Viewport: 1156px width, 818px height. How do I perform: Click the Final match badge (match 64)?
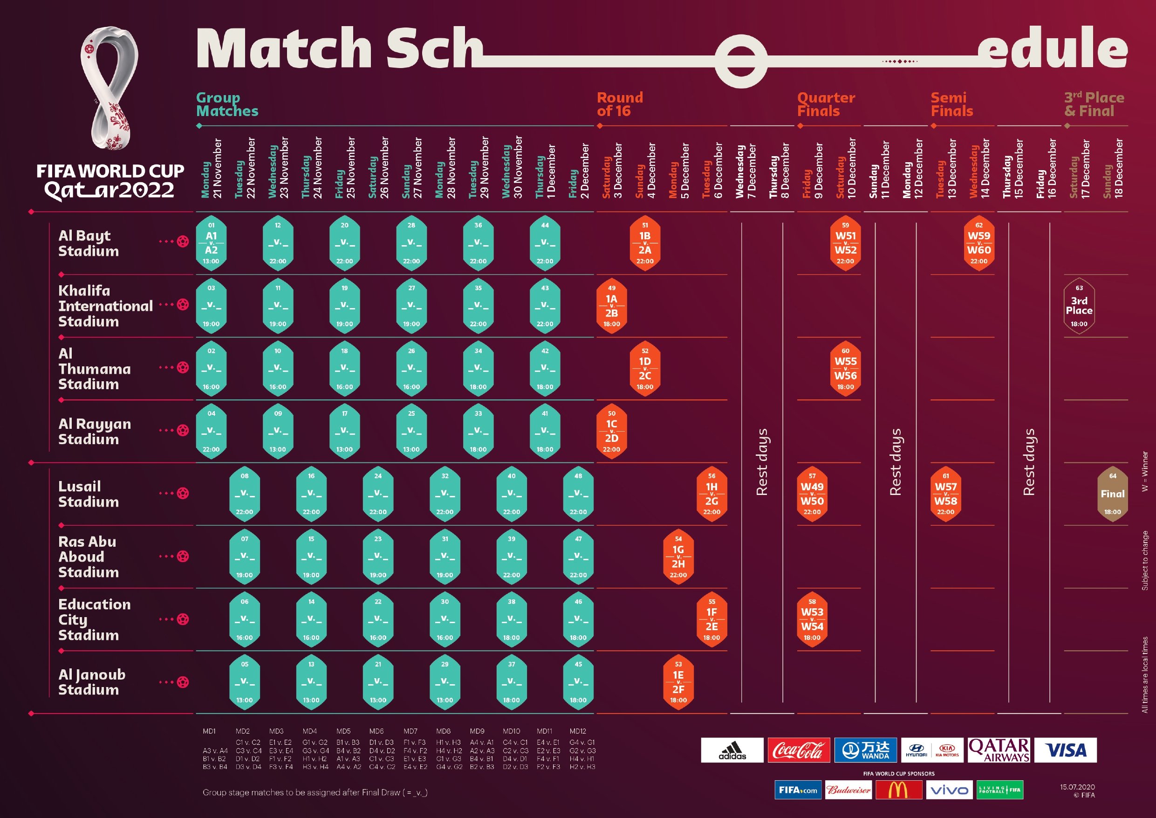click(1112, 494)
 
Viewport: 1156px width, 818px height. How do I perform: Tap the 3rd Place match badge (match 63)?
click(1079, 306)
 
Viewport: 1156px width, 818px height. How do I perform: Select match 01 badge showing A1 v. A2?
click(211, 243)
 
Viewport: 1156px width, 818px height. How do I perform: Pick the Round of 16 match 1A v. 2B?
click(612, 306)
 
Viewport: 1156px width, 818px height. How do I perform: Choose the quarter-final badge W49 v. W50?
click(812, 494)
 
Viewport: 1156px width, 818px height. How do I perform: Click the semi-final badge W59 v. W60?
click(979, 243)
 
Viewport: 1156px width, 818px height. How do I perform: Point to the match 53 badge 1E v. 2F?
click(678, 682)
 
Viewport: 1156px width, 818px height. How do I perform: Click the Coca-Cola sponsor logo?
click(799, 750)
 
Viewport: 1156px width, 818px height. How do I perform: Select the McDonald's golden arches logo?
click(898, 790)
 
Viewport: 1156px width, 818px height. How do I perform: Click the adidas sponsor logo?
click(732, 750)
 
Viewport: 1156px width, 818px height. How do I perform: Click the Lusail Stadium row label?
click(89, 494)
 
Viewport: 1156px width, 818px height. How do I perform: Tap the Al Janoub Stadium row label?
click(92, 682)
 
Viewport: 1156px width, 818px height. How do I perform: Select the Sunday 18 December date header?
click(1112, 169)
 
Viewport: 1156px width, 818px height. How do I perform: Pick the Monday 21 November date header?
click(212, 169)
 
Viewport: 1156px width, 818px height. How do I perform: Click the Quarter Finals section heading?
click(826, 104)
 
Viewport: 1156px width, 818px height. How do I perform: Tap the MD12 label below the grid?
click(578, 731)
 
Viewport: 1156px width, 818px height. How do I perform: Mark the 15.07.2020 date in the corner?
click(1077, 787)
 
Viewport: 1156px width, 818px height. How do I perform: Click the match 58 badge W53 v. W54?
click(812, 619)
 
